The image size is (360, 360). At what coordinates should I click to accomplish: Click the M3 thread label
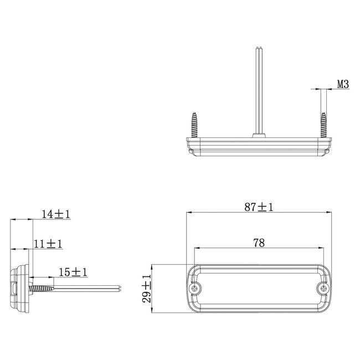tap(343, 85)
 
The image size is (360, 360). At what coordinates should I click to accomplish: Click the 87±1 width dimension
tap(260, 207)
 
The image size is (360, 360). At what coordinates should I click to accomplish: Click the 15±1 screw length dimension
tap(73, 272)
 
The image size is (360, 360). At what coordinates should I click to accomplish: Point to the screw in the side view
tap(42, 289)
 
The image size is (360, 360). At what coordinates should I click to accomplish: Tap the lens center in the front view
tap(259, 289)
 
